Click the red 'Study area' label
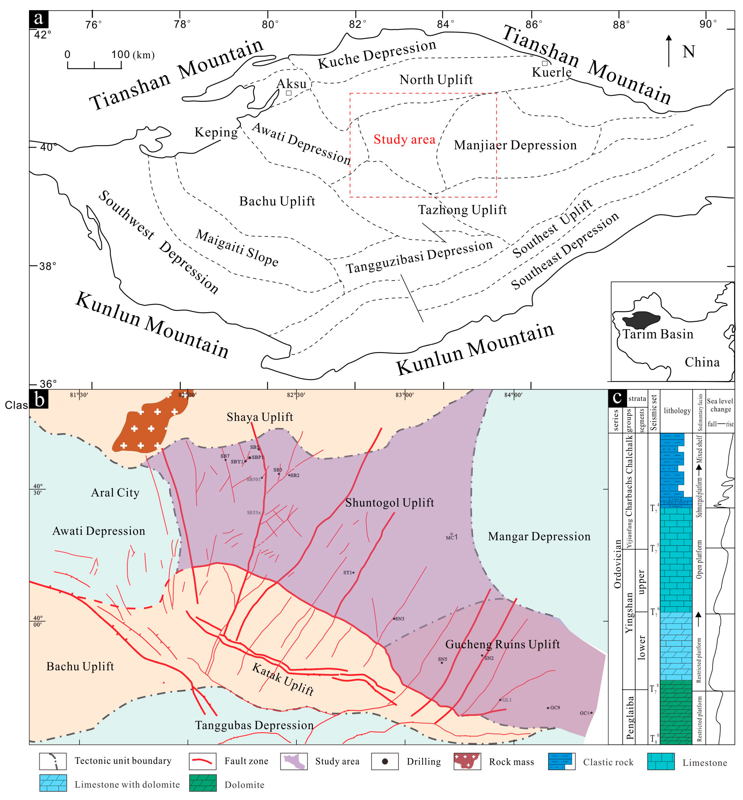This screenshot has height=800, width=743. tap(404, 140)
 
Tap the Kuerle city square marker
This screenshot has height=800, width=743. tap(544, 63)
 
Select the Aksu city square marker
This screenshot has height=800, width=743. tap(289, 93)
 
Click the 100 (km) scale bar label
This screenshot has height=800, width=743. tap(133, 55)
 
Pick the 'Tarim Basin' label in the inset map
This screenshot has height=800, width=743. tap(658, 334)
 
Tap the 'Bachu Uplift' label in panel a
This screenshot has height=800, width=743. tap(277, 201)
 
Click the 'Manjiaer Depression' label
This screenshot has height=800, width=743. tap(515, 145)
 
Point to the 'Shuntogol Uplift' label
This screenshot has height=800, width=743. tap(389, 503)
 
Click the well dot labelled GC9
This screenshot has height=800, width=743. tap(548, 708)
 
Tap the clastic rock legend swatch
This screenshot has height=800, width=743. tap(562, 761)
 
